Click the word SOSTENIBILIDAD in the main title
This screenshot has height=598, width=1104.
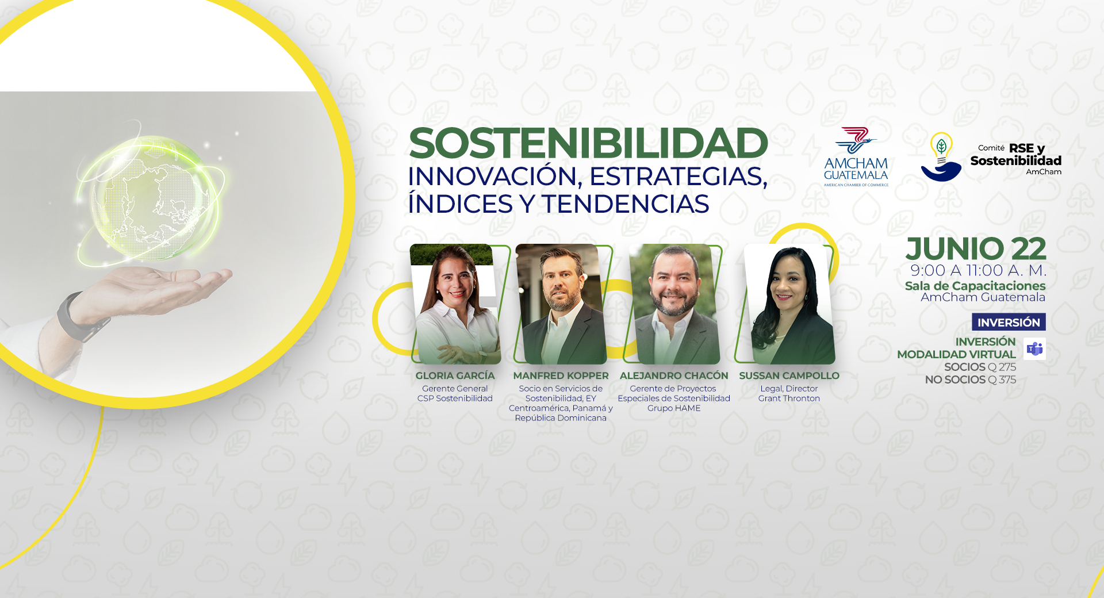click(x=588, y=143)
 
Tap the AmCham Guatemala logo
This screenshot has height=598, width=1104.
click(x=856, y=157)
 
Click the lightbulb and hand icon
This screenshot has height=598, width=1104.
click(x=941, y=157)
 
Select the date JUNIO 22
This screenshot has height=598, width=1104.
click(x=976, y=249)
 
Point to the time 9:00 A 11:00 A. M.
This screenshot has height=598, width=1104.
click(x=978, y=270)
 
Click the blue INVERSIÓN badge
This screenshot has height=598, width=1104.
click(x=1009, y=322)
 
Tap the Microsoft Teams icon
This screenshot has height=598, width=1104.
click(x=1035, y=349)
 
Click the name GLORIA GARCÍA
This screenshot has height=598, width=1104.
click(x=455, y=375)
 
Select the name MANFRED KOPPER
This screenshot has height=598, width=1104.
click(x=561, y=375)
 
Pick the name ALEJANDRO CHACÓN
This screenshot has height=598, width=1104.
click(x=674, y=375)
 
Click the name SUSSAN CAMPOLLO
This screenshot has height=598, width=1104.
click(x=789, y=375)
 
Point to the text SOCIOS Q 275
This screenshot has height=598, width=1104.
click(x=980, y=367)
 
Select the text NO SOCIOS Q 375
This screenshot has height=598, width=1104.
click(x=971, y=379)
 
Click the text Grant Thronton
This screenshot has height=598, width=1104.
click(x=789, y=398)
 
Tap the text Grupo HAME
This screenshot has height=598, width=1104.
click(x=674, y=408)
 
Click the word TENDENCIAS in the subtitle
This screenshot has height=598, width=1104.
click(x=625, y=204)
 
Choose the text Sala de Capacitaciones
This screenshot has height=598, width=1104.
click(x=975, y=286)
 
